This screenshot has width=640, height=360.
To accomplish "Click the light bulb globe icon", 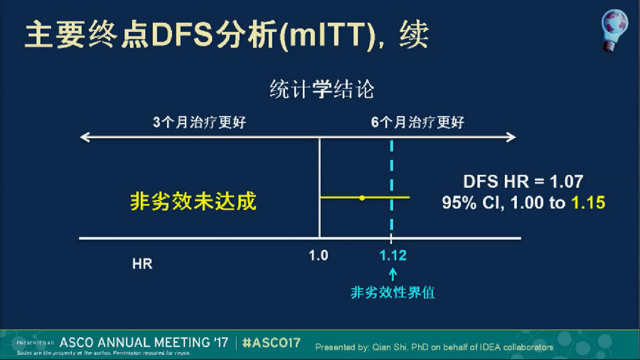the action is [x=614, y=30].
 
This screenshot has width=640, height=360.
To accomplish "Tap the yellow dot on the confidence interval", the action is [x=362, y=198].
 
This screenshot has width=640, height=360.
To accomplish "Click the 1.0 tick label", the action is [x=319, y=255].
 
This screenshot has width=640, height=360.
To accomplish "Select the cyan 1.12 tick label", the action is [x=393, y=255].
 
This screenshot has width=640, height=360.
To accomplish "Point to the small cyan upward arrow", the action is [x=393, y=275].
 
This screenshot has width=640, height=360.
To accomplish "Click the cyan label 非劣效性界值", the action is [x=393, y=292].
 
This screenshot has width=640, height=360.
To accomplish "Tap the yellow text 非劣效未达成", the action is [x=193, y=201].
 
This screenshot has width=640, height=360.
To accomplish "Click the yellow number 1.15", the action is [x=588, y=203].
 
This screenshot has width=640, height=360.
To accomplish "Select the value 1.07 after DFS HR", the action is [x=566, y=181].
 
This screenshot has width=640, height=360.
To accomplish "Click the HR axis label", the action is [x=142, y=264].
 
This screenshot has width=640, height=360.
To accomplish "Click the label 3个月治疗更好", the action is [x=199, y=122].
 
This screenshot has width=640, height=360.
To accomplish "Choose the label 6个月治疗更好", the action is [x=417, y=122].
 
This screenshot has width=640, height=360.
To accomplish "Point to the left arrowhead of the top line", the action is [x=84, y=137].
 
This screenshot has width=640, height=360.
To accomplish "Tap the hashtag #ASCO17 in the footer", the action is [x=272, y=343].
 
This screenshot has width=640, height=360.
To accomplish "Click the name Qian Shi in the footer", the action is [x=389, y=347].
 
